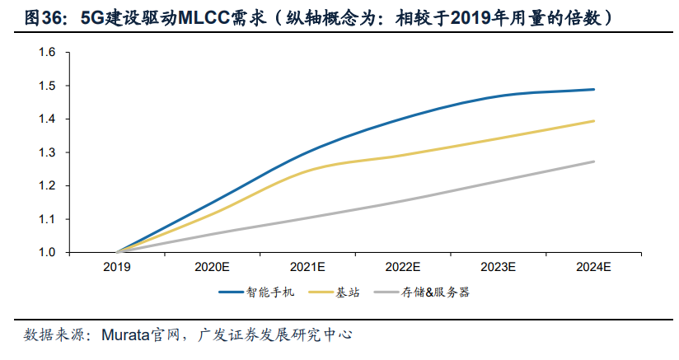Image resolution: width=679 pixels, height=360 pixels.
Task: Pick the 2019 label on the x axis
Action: (x=117, y=267)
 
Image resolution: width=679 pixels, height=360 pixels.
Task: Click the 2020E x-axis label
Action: (x=213, y=267)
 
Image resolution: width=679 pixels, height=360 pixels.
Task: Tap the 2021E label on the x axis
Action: (x=308, y=267)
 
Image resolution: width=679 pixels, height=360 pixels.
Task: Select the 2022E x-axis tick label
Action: (x=404, y=267)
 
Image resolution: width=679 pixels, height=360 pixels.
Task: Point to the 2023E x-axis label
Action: (x=499, y=267)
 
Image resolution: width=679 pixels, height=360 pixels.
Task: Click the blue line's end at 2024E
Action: (x=594, y=89)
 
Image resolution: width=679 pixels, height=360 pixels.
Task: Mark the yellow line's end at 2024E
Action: (x=594, y=121)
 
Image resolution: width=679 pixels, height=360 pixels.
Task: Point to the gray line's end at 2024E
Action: (x=594, y=161)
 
